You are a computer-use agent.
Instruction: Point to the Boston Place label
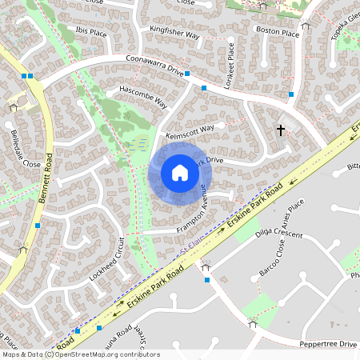277,34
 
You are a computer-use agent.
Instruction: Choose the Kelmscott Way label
190,131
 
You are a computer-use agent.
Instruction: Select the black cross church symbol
281,129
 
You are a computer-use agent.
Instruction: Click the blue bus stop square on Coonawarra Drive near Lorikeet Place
204,87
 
